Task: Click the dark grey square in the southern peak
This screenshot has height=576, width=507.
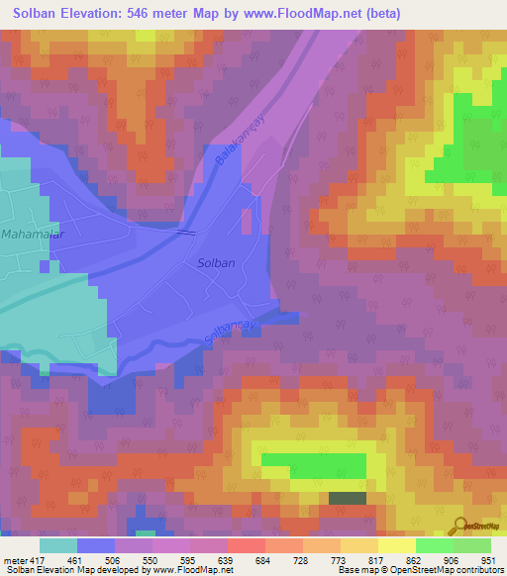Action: click(346, 499)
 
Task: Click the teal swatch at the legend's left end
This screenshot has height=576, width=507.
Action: click(57, 545)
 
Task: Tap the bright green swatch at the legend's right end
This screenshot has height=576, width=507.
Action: click(472, 545)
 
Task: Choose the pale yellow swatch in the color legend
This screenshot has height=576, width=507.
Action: click(396, 545)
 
